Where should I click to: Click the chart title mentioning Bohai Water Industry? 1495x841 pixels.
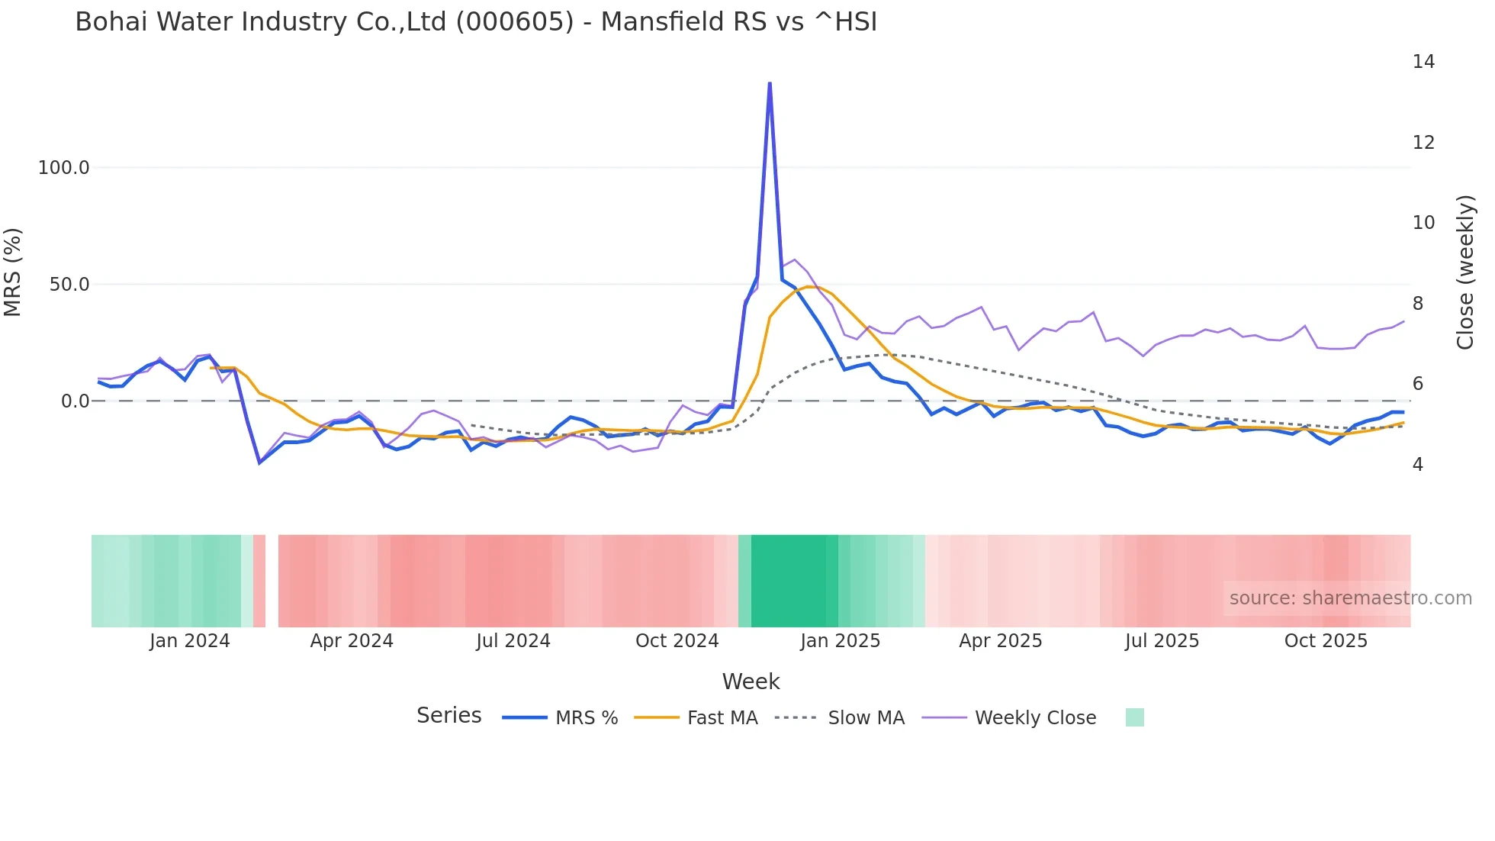[x=476, y=22]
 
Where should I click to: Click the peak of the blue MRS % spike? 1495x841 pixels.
[x=770, y=83]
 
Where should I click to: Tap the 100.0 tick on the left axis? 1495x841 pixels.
[x=64, y=168]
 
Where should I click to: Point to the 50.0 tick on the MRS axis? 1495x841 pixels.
[x=69, y=285]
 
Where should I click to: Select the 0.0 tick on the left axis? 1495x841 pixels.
[x=75, y=401]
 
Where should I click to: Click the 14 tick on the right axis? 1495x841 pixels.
[x=1423, y=62]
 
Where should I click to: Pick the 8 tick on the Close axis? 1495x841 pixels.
[x=1417, y=304]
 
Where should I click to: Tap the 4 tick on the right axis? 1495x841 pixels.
[x=1417, y=465]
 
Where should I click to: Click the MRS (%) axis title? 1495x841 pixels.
[x=13, y=272]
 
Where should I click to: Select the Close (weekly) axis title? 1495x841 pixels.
[x=1464, y=272]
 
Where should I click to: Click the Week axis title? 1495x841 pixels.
[x=751, y=681]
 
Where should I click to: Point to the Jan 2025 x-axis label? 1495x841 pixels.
[x=840, y=641]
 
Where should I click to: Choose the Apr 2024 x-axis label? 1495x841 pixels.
[x=352, y=641]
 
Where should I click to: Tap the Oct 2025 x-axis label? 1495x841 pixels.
[x=1326, y=641]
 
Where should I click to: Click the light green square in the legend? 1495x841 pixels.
[x=1134, y=717]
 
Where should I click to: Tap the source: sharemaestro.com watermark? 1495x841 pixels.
[x=1350, y=598]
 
